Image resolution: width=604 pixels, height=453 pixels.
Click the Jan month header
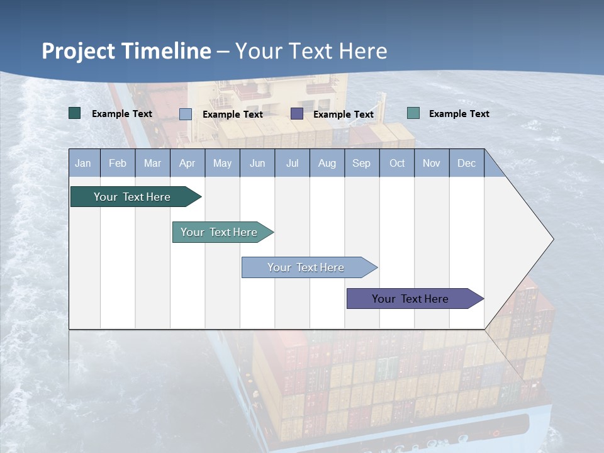pos(84,163)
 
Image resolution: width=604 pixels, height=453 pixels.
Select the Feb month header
pos(118,163)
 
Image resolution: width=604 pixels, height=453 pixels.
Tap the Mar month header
pos(152,163)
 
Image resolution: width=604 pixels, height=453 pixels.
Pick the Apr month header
pos(187,163)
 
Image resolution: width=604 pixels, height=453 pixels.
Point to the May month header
pos(222,163)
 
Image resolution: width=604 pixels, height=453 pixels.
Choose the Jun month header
pos(257,163)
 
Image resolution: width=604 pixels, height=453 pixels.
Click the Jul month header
pos(293,163)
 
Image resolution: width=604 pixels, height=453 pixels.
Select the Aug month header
pos(327,163)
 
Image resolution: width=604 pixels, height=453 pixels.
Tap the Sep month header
pos(362,163)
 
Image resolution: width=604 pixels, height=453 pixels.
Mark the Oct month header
pos(397,163)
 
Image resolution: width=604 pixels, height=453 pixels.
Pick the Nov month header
pos(432,163)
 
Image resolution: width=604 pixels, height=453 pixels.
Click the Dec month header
pos(467,163)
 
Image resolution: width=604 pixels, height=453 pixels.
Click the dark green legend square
pos(75,113)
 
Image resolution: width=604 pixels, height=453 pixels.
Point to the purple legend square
pos(297,113)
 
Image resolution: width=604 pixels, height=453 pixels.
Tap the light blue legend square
pos(186,114)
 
